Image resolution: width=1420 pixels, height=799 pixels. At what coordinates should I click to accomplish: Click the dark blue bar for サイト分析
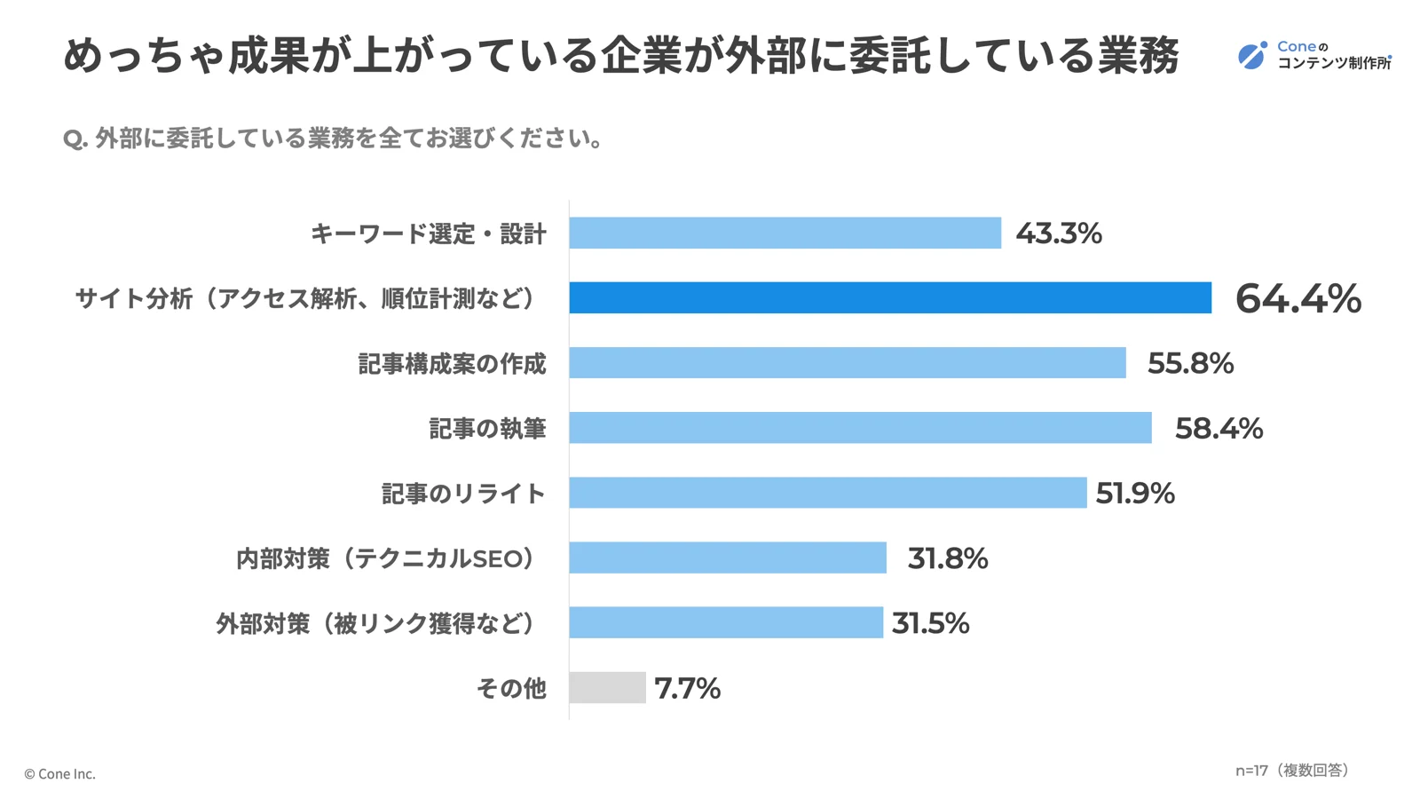890,297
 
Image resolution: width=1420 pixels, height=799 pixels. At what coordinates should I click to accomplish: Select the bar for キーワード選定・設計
785,233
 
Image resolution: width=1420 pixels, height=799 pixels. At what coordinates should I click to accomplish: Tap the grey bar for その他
607,688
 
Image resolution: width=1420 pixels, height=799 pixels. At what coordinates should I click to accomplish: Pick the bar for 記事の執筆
860,428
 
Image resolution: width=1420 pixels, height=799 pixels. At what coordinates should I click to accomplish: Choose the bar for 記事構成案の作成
848,363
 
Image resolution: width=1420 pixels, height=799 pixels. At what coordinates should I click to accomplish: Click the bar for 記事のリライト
827,493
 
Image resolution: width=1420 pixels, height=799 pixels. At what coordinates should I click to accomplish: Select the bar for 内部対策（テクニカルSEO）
728,558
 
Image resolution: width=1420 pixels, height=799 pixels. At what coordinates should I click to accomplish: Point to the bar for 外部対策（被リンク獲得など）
726,622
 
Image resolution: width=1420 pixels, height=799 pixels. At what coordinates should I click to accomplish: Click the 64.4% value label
1298,298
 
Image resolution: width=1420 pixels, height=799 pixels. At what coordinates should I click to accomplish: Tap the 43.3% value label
1059,233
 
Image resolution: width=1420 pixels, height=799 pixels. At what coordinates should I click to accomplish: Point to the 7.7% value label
687,688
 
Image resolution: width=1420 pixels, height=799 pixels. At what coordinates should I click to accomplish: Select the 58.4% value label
1219,429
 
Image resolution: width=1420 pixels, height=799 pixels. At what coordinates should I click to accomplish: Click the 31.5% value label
930,623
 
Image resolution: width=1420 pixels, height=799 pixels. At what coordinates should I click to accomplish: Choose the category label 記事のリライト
463,494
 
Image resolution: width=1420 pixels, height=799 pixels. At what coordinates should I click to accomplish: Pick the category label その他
511,688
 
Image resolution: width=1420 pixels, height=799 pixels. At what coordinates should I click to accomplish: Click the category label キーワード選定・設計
429,233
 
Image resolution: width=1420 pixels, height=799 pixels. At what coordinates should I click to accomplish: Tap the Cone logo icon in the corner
1252,55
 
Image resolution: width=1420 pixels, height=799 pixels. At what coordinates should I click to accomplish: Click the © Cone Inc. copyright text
59,774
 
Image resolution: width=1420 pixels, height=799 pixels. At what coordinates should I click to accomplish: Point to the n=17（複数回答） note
1292,771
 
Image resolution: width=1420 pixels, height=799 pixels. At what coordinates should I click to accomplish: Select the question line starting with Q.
334,138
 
